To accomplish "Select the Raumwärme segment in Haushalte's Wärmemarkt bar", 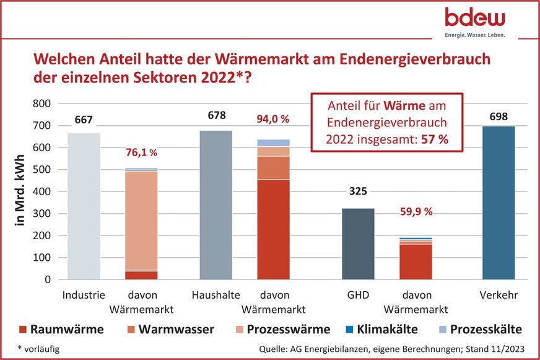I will tap(273, 229).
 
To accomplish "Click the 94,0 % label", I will tap(273, 118).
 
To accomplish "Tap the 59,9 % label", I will tap(415, 211).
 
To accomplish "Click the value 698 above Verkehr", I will tap(498, 116).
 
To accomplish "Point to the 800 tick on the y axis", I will tap(39, 103).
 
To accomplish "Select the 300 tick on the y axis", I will tap(39, 214).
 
